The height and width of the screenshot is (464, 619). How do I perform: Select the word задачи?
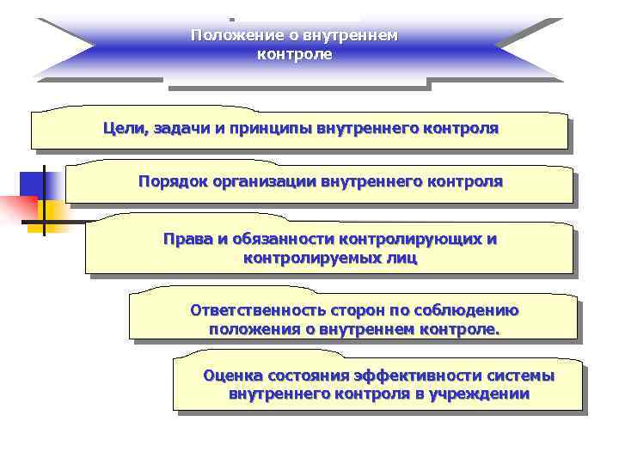[x=179, y=129]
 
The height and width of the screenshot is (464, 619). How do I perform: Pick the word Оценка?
[x=232, y=376]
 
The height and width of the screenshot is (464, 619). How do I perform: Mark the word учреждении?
[x=479, y=394]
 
